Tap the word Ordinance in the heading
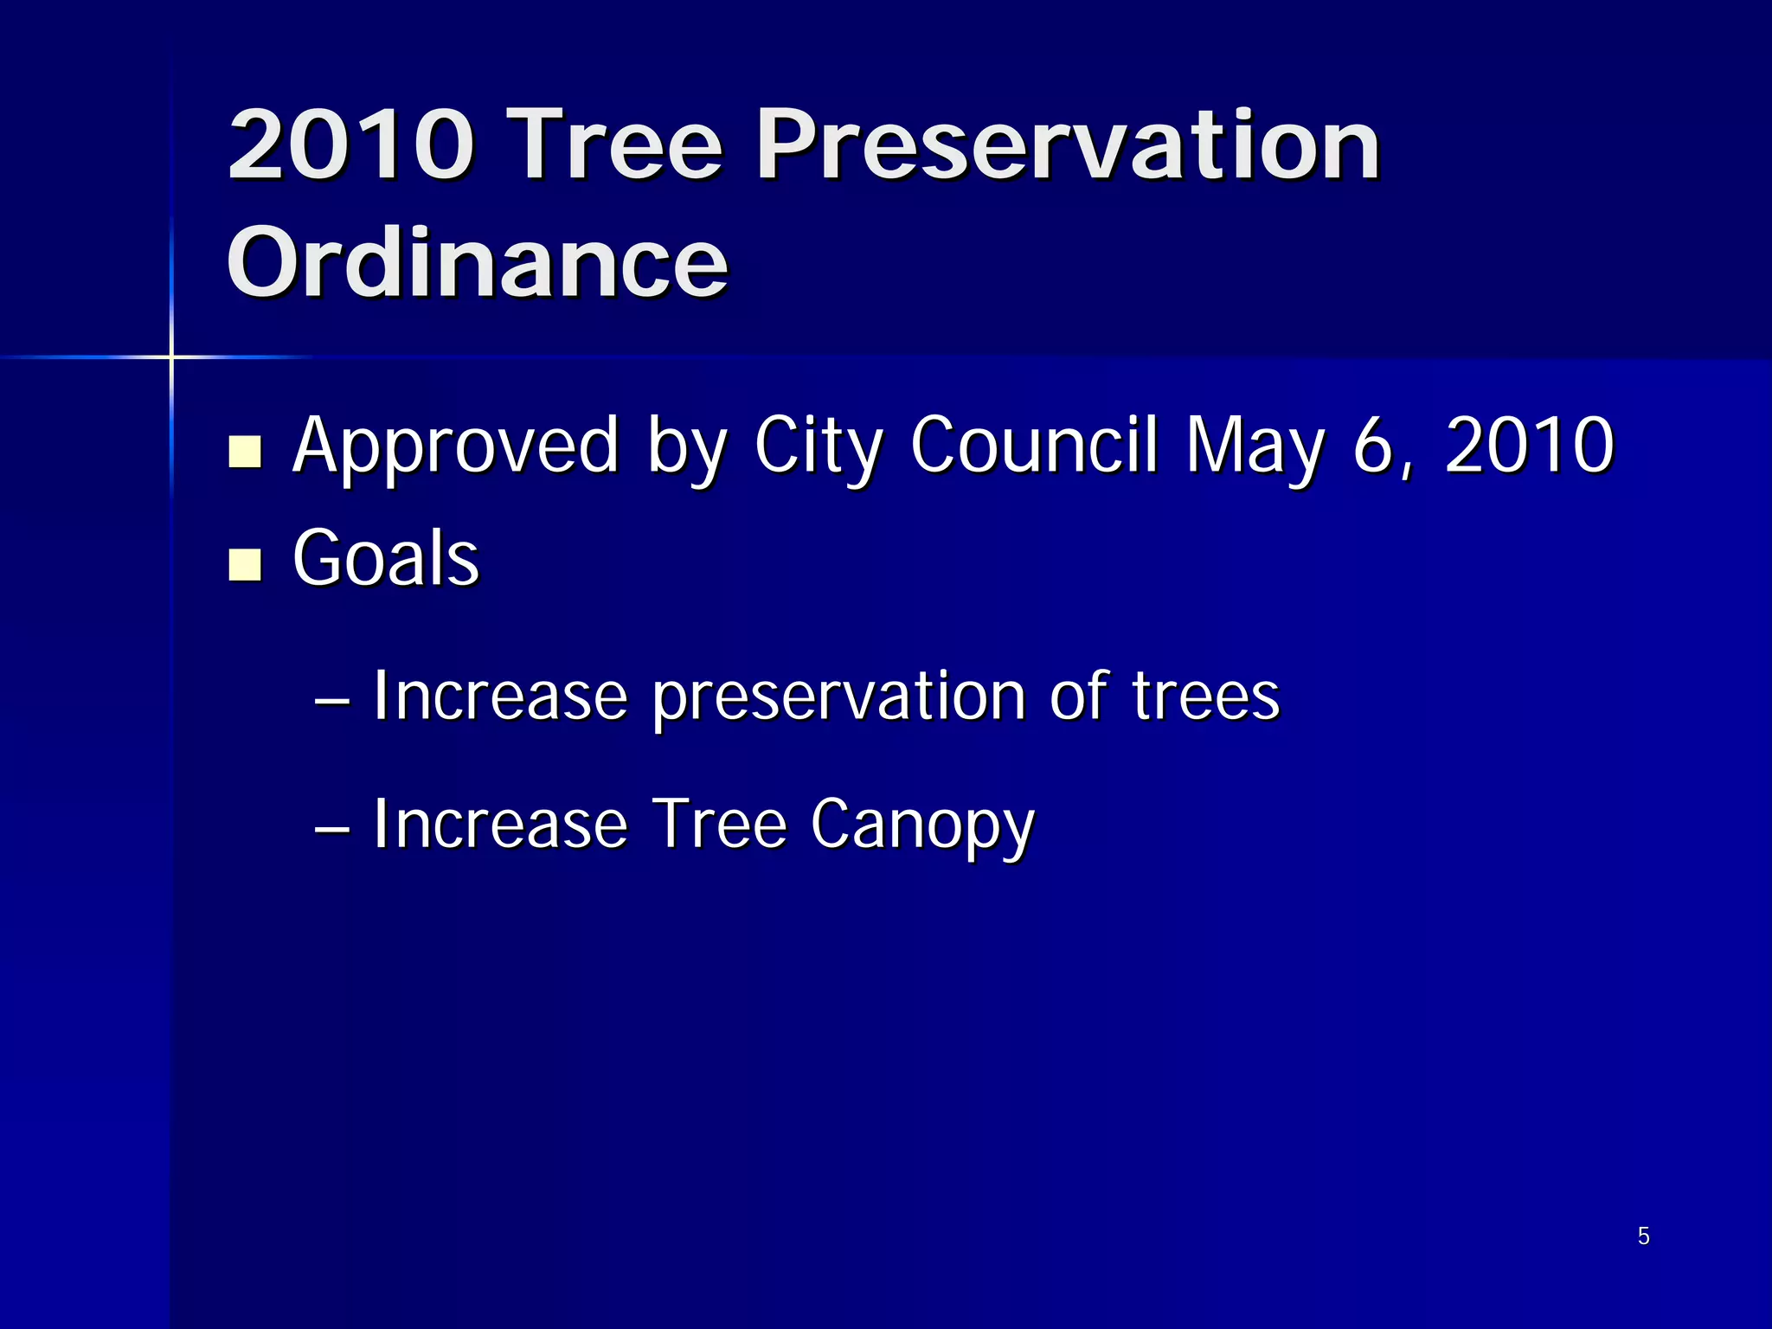[478, 261]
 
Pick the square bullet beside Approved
[246, 452]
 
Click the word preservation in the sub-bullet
[838, 697]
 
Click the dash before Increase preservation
[332, 699]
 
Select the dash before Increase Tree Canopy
[332, 827]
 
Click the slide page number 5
[1644, 1236]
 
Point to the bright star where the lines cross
[171, 356]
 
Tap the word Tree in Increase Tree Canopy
[719, 824]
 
